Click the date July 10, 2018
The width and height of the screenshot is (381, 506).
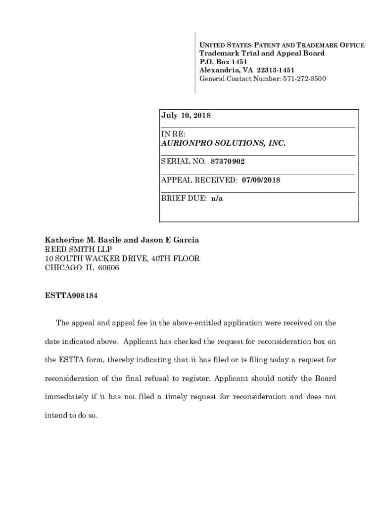click(186, 116)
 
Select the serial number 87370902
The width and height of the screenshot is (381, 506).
click(228, 162)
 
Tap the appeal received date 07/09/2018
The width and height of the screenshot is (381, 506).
click(261, 180)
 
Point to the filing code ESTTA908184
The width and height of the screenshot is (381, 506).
click(73, 296)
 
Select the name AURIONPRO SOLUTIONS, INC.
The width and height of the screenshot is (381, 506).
click(224, 143)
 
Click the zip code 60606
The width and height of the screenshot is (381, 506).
click(108, 268)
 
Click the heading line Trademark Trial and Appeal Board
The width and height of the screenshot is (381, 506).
click(262, 53)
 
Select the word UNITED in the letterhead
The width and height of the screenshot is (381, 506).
click(210, 45)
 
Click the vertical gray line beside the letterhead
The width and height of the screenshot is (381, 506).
click(195, 62)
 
